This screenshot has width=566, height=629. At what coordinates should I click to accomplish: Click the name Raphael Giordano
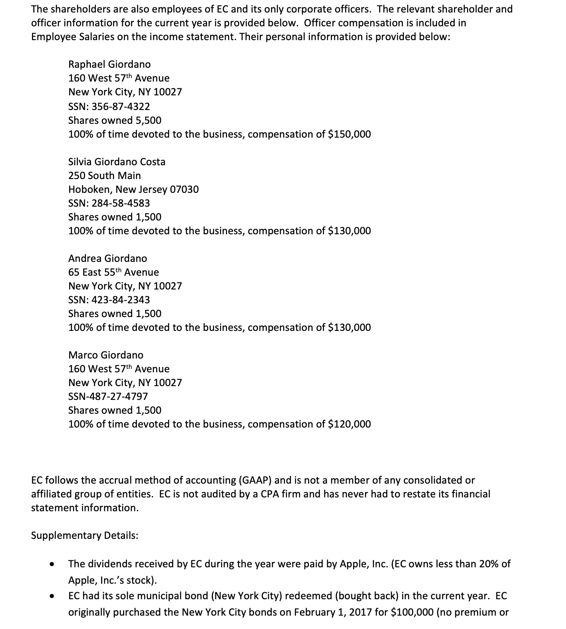tap(109, 64)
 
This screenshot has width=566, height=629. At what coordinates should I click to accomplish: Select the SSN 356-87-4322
tap(121, 106)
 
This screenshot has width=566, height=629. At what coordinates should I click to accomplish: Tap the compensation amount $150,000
tap(349, 134)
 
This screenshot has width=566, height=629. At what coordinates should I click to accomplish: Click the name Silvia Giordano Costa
tap(117, 162)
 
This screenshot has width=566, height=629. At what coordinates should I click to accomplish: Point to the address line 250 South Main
tap(105, 176)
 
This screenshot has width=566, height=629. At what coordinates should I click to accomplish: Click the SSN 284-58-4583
tap(121, 203)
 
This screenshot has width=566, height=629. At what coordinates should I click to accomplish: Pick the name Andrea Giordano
tap(108, 258)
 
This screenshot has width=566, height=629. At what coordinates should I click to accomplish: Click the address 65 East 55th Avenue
tap(114, 272)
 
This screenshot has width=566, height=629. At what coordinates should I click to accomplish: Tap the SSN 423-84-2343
tap(121, 300)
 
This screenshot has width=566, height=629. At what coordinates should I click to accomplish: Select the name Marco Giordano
tap(106, 355)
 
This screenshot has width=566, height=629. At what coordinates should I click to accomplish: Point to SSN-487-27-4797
tap(108, 396)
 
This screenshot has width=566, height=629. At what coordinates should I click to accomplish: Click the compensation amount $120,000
tap(349, 424)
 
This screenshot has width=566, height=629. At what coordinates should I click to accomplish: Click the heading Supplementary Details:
tap(85, 535)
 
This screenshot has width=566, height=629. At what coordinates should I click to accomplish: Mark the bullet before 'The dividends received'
tap(52, 564)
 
